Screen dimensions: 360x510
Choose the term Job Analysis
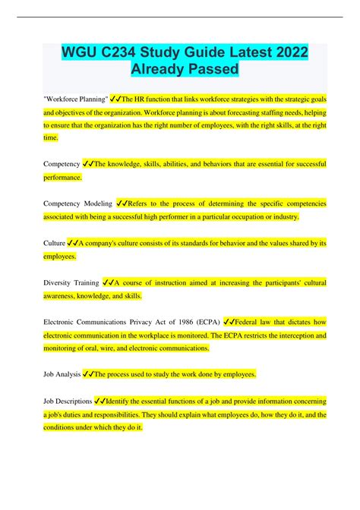[65, 374]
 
